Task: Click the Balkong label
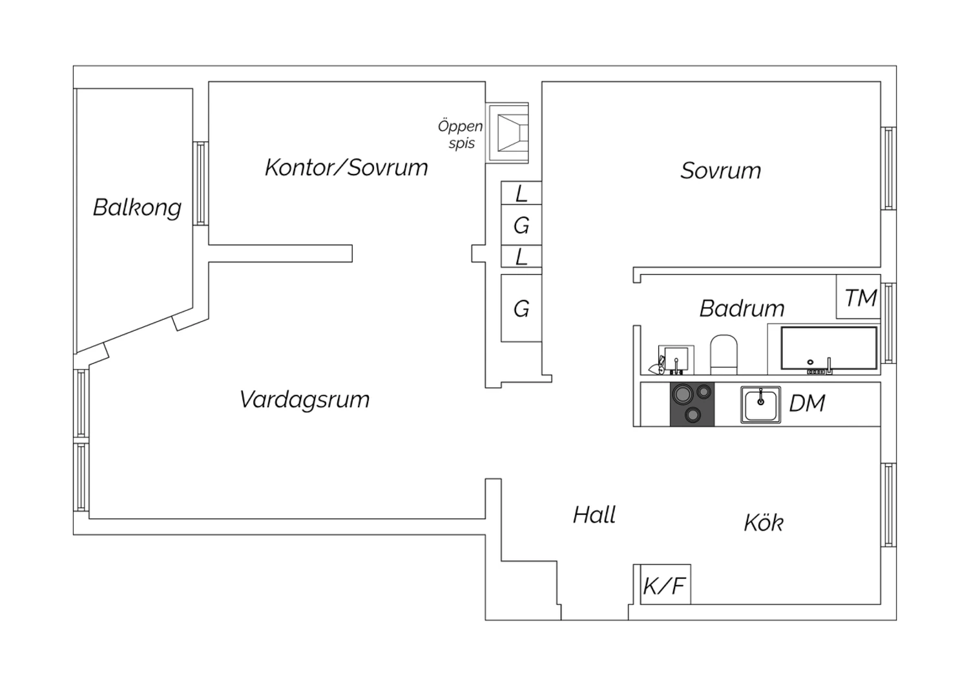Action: point(137,207)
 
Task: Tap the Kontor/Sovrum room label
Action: point(346,167)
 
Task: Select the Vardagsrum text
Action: point(304,400)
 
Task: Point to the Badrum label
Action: point(742,308)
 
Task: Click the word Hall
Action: point(594,515)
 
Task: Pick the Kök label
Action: point(764,522)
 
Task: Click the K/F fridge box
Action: point(665,584)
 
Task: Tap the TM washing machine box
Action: point(859,297)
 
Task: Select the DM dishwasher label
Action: point(807,403)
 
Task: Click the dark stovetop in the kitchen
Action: point(692,404)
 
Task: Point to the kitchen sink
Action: point(760,405)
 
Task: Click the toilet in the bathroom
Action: point(724,354)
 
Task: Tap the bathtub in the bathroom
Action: point(829,349)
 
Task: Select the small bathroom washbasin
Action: point(676,359)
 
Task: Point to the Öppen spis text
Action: point(460,134)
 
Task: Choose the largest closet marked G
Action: point(521,308)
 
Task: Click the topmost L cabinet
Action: point(521,193)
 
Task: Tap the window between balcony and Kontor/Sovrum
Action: point(201,184)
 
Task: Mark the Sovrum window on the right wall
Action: point(888,168)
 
